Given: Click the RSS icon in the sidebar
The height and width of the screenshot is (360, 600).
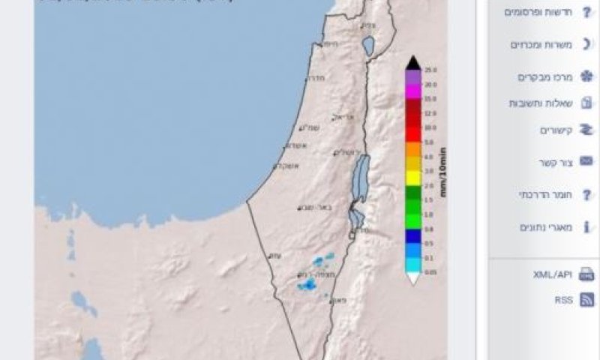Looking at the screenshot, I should pyautogui.click(x=586, y=300).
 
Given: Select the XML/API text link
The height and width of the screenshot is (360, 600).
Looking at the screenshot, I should pyautogui.click(x=553, y=274).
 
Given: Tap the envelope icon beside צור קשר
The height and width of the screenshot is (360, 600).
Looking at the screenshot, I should pyautogui.click(x=586, y=162).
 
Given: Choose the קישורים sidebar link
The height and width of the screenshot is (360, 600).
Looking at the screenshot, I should pyautogui.click(x=556, y=130).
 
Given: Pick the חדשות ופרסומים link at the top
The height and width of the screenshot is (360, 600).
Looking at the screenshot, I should pyautogui.click(x=538, y=12).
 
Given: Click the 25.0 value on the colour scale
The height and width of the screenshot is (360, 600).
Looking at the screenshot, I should pyautogui.click(x=430, y=70).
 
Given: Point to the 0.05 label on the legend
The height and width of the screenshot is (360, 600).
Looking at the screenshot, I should pyautogui.click(x=430, y=272).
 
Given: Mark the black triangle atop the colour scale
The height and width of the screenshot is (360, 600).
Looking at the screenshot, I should pyautogui.click(x=412, y=62).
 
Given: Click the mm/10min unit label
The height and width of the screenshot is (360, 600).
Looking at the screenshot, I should pyautogui.click(x=443, y=172).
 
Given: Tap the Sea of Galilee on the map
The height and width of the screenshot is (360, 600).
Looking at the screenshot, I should pyautogui.click(x=368, y=46).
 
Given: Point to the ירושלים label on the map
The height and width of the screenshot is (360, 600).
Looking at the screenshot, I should pyautogui.click(x=346, y=153).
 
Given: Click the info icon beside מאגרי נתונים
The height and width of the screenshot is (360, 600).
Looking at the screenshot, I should pyautogui.click(x=586, y=227).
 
